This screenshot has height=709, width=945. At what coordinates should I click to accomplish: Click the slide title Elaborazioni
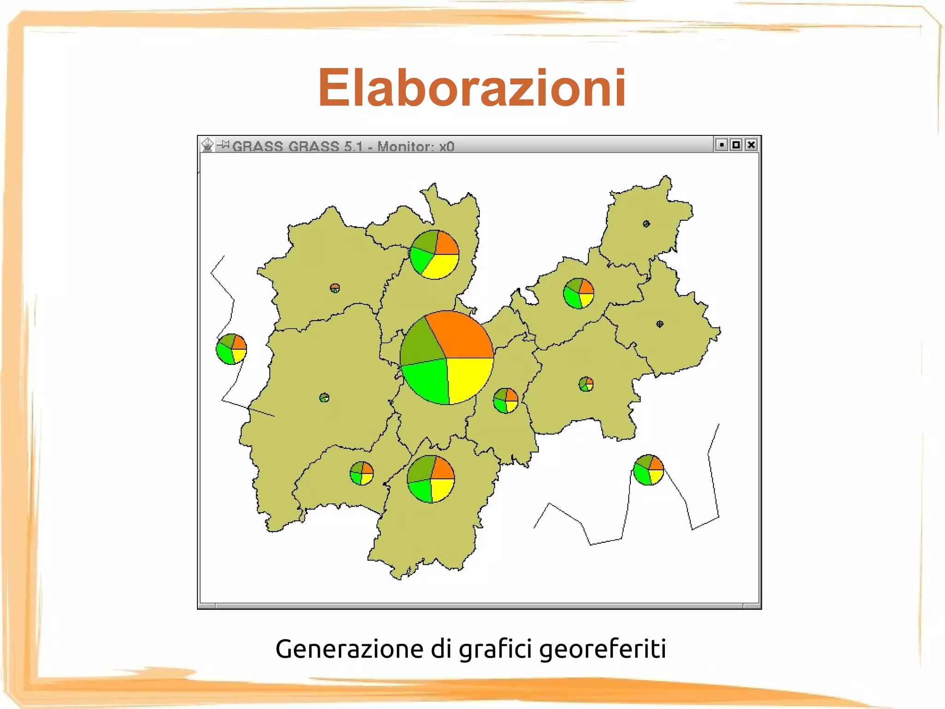(x=472, y=88)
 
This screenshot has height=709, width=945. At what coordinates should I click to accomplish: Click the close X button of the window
(x=751, y=145)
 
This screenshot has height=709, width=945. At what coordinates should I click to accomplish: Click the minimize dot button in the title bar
(x=722, y=145)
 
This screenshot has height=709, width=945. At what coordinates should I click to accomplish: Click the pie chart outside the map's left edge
(x=231, y=349)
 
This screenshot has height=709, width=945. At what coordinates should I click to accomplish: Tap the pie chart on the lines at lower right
(x=648, y=470)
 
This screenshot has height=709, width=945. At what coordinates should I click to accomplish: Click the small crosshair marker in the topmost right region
(x=646, y=224)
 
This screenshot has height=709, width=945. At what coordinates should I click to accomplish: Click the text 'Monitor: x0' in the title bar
(x=416, y=146)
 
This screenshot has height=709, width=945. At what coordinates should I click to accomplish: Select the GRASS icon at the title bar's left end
(x=208, y=145)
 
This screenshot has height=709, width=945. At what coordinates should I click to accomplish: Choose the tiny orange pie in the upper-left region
(x=335, y=288)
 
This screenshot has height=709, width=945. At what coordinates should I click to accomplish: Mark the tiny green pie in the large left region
(x=324, y=398)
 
